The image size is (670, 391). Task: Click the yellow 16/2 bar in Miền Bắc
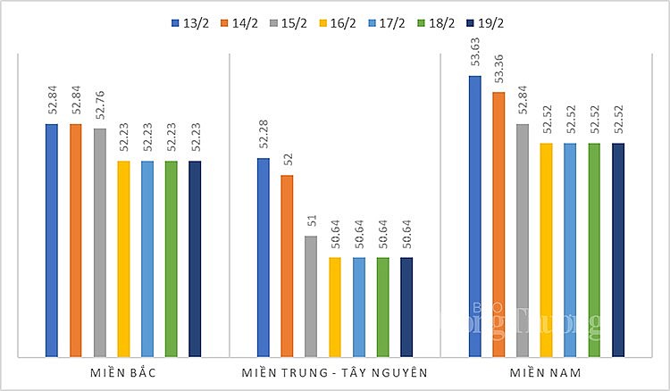(123, 259)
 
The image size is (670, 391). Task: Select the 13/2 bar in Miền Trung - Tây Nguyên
(263, 258)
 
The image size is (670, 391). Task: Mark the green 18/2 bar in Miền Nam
(594, 250)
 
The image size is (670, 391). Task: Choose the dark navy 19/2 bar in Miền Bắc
(195, 259)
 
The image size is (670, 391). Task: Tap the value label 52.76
(99, 106)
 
